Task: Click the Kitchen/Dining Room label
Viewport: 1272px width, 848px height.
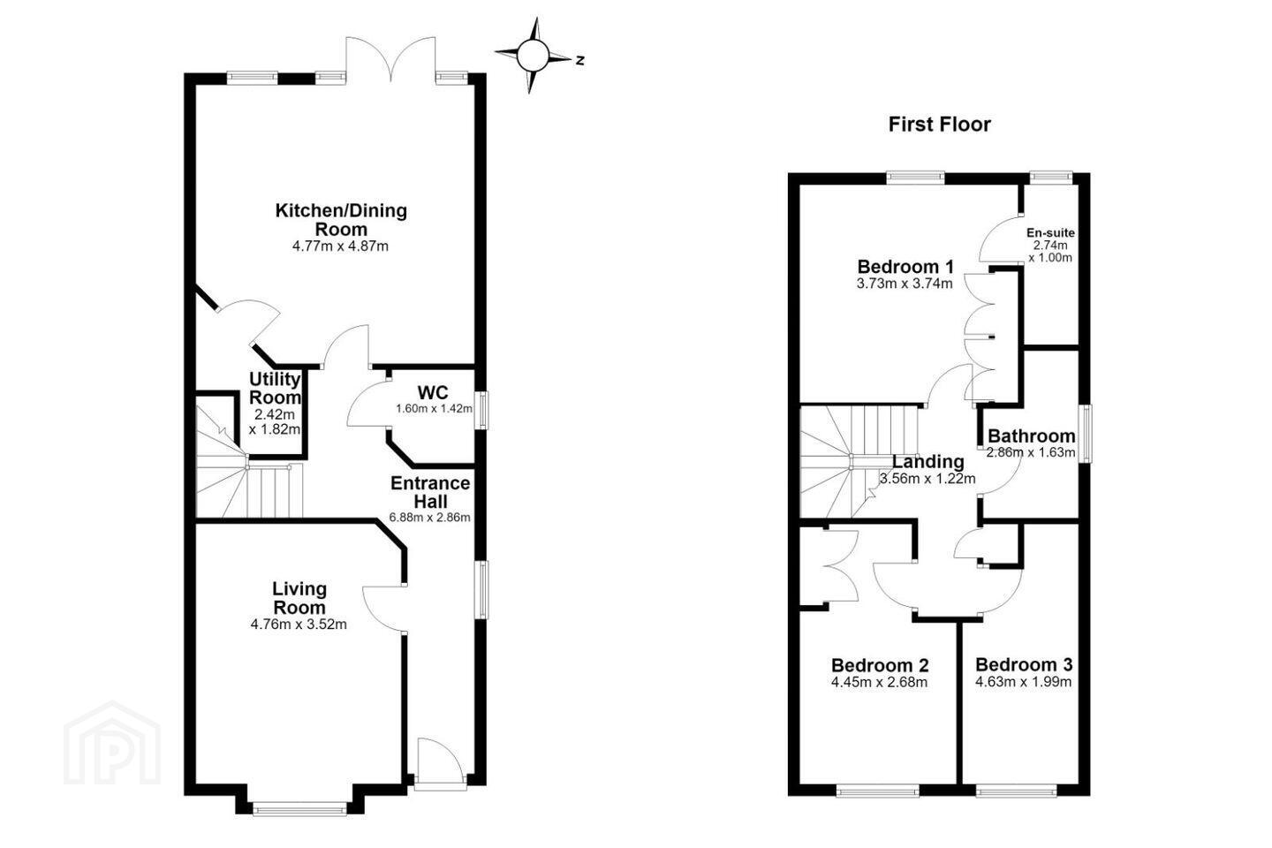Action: click(341, 220)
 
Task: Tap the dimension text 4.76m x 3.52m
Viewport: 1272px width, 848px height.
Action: click(299, 625)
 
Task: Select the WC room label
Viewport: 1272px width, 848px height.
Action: click(433, 392)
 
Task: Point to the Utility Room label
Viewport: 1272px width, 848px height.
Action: click(275, 388)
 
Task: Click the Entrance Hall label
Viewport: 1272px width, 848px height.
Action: click(430, 492)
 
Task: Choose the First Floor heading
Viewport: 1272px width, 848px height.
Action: click(939, 125)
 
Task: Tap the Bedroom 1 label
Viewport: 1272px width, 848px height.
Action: click(905, 267)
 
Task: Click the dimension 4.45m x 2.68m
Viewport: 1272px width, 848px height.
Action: click(879, 682)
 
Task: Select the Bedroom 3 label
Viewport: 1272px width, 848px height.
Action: click(1024, 664)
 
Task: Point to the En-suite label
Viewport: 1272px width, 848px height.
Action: click(1050, 233)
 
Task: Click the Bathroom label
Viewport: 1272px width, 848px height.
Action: click(1031, 436)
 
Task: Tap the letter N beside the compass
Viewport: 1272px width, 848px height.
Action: click(579, 60)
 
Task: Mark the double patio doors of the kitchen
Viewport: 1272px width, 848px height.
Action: click(390, 60)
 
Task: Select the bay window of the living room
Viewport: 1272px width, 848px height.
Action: click(299, 809)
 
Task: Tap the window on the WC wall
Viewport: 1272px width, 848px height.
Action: click(481, 410)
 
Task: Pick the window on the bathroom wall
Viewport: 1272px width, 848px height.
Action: click(1085, 434)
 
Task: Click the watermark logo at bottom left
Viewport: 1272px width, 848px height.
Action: click(112, 744)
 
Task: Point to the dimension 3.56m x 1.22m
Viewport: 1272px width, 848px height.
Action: click(927, 479)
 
